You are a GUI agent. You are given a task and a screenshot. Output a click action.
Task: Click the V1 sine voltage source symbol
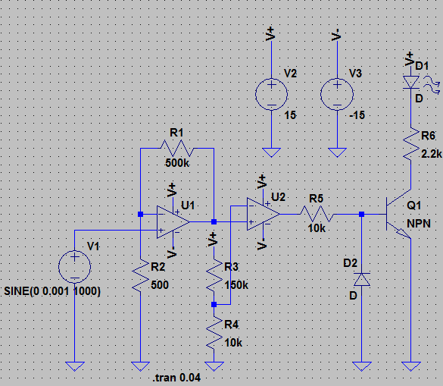coord(74,267)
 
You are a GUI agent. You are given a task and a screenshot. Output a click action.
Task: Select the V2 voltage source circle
coord(272,94)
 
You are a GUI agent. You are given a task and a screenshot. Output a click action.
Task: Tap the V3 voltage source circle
coord(337,94)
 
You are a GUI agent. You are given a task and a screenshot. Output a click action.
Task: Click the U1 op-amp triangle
coord(173,222)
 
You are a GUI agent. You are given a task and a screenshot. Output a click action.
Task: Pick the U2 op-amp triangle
coord(263,214)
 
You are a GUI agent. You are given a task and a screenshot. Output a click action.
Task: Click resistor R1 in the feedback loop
coord(177,149)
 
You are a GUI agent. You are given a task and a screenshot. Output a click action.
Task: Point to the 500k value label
coord(177,163)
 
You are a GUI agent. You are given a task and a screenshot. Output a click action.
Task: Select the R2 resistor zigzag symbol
coord(140,275)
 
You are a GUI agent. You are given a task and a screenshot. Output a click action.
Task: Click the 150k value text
coord(236,285)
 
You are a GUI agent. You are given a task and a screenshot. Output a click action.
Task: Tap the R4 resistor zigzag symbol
coord(214,333)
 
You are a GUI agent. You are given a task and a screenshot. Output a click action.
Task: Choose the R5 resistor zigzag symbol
coord(317,214)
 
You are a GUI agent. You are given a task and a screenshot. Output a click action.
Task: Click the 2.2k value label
coord(432,154)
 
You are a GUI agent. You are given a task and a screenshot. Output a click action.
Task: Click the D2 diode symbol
coord(362,280)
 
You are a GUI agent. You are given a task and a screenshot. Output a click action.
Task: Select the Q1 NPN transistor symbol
coord(398,214)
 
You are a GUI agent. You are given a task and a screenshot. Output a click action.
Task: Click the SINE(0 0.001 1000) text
coord(52,291)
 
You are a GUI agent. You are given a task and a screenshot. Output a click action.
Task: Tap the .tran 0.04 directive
coord(177,378)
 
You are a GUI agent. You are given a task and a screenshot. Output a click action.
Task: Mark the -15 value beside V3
coord(357,115)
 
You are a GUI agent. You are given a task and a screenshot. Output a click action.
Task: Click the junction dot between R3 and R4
coord(214,305)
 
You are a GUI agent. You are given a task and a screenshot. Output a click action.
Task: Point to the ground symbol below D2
coord(362,366)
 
